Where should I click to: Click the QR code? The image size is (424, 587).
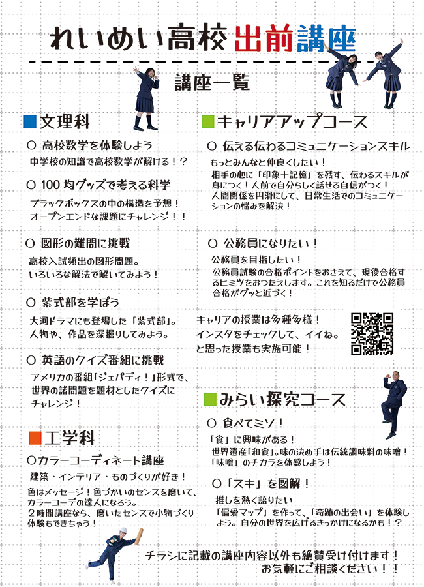[372, 333]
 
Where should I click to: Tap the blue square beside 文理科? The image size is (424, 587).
[30, 122]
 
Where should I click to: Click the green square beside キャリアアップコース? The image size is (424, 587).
[208, 122]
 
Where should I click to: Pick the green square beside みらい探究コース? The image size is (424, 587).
[210, 399]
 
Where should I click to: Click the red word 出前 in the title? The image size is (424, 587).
[264, 39]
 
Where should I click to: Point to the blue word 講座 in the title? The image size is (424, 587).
[326, 39]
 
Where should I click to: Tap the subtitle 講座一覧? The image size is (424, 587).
[212, 82]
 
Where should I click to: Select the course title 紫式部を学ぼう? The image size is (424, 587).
[80, 302]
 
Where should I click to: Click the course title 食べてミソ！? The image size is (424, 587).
[253, 423]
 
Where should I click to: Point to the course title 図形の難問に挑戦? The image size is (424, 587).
[85, 243]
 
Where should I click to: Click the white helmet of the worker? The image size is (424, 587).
[123, 530]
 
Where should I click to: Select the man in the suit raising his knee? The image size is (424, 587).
[393, 404]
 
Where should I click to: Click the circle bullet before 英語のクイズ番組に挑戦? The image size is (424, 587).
[31, 360]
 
